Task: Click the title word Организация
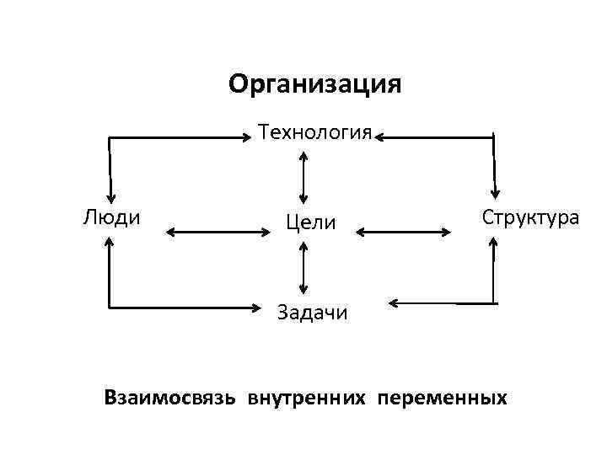click(x=315, y=84)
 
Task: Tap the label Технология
click(x=315, y=133)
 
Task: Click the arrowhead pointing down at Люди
click(x=110, y=195)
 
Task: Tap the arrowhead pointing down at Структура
click(x=496, y=195)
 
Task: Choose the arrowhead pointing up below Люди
click(x=110, y=242)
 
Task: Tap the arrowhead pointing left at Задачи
click(x=394, y=302)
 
